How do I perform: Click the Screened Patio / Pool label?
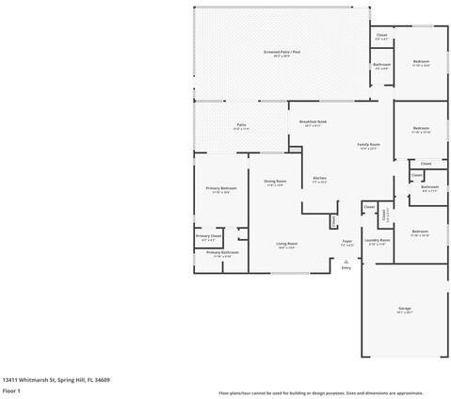click(x=282, y=53)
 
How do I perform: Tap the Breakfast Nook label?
click(x=313, y=122)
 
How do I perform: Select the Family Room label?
click(x=367, y=145)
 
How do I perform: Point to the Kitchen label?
click(x=319, y=179)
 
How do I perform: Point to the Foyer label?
click(x=346, y=241)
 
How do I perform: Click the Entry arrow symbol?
click(x=346, y=261)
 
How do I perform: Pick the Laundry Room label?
click(x=378, y=240)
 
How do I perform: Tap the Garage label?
click(x=405, y=308)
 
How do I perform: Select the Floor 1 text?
click(x=11, y=390)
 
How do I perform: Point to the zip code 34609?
click(x=102, y=379)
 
